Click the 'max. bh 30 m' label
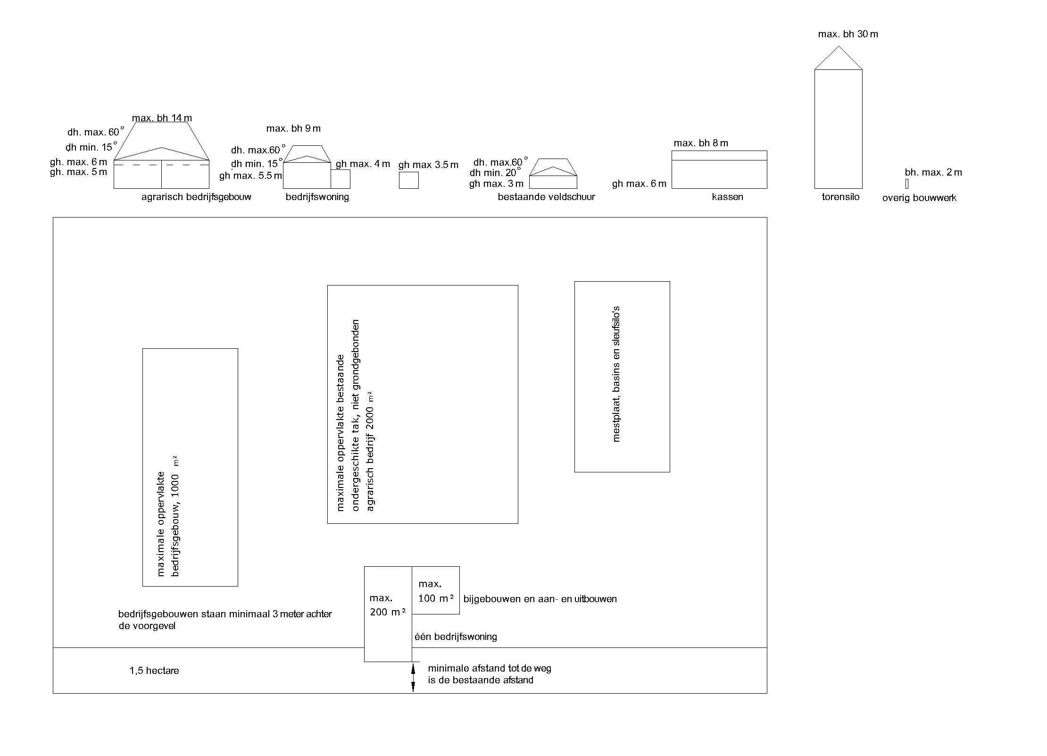pyautogui.click(x=848, y=34)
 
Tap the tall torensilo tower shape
pyautogui.click(x=838, y=129)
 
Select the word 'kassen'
pyautogui.click(x=727, y=197)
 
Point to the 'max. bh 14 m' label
pyautogui.click(x=162, y=118)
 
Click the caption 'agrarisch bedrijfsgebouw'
pyautogui.click(x=196, y=197)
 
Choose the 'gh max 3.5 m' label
pyautogui.click(x=428, y=165)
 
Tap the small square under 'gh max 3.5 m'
pyautogui.click(x=408, y=180)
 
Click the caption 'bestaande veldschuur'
pyautogui.click(x=546, y=197)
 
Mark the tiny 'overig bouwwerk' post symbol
pyautogui.click(x=907, y=184)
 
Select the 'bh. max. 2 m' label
pyautogui.click(x=933, y=172)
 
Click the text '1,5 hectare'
pyautogui.click(x=154, y=671)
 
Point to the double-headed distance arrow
pyautogui.click(x=413, y=677)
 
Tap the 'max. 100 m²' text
pyautogui.click(x=436, y=591)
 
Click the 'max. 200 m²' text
pyautogui.click(x=388, y=605)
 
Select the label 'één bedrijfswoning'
pyautogui.click(x=456, y=637)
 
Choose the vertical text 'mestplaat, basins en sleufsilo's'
pyautogui.click(x=616, y=374)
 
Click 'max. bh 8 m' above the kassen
pyautogui.click(x=701, y=143)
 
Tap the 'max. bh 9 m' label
pyautogui.click(x=293, y=128)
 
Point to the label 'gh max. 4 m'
pyautogui.click(x=363, y=164)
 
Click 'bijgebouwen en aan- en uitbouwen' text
pyautogui.click(x=540, y=599)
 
